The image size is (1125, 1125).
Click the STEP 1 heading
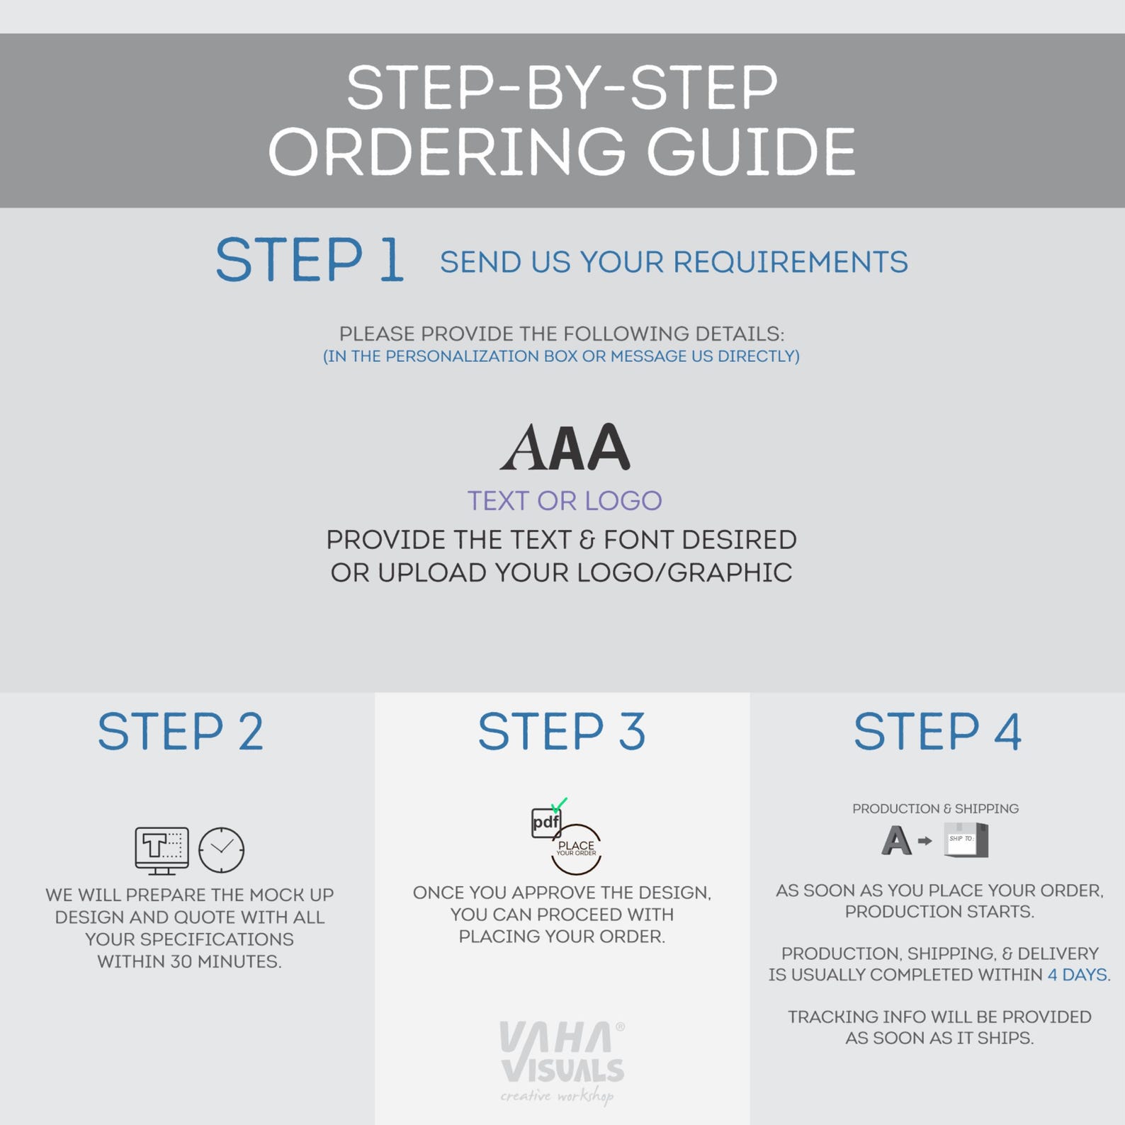[310, 260]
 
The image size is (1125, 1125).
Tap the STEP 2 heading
[181, 732]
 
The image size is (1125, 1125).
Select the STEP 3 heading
[562, 732]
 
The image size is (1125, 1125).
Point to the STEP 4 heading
[937, 732]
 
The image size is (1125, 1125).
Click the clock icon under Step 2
[221, 849]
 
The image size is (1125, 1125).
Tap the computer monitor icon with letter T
[162, 850]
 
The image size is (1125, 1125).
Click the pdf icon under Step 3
[546, 822]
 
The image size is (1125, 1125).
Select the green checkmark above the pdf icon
[559, 805]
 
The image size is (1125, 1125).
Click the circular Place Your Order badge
[576, 849]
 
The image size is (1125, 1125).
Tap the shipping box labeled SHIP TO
[966, 839]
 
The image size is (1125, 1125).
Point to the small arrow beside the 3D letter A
[925, 841]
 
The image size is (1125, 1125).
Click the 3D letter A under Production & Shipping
[896, 841]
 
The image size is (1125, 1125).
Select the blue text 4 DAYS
[1078, 975]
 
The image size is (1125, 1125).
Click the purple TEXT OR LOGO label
[565, 501]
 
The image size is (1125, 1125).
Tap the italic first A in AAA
[522, 447]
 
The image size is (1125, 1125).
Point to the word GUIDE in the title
[751, 152]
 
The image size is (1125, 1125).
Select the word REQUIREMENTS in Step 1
[790, 262]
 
